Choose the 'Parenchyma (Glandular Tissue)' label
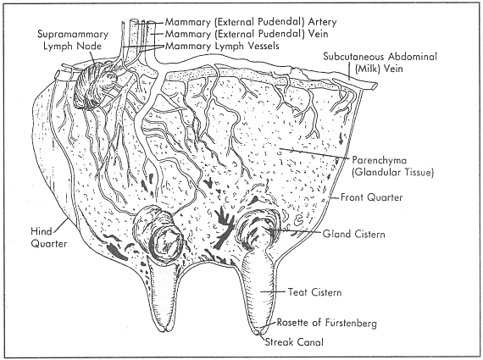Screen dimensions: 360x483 [390, 166]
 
